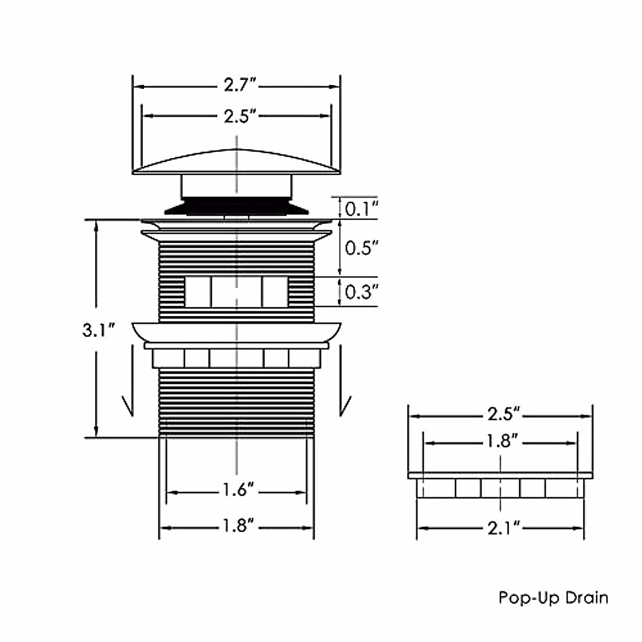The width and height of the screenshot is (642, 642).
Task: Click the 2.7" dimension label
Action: coord(240,85)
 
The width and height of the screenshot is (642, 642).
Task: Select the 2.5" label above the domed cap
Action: coord(240,116)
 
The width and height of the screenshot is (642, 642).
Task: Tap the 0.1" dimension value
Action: coord(361,209)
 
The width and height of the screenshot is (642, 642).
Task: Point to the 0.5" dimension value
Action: coord(361,248)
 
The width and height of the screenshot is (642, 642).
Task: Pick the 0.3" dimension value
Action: coord(361,292)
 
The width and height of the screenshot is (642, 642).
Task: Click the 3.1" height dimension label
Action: coord(98,330)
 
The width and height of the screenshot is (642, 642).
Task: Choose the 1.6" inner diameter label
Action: coord(238,490)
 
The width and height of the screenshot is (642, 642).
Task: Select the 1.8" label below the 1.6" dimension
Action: coord(238,525)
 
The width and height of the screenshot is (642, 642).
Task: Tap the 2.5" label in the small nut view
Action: coord(503,414)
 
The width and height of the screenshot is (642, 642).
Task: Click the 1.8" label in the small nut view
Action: coord(502,441)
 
